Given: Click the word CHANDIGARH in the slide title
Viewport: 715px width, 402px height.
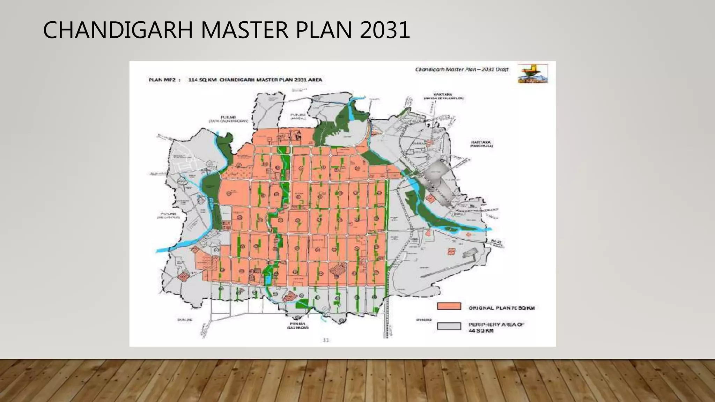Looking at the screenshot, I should pos(118,30).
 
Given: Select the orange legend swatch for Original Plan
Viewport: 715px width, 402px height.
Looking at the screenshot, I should pos(449,306).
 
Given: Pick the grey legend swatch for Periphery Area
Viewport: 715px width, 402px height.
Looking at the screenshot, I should pos(449,326).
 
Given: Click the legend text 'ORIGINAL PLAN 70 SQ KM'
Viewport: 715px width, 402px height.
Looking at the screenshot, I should pos(501,308).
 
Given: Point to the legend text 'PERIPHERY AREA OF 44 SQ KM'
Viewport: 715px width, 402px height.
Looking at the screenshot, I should pos(496,327).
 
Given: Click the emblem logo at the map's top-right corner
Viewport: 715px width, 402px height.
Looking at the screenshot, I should pos(533,73).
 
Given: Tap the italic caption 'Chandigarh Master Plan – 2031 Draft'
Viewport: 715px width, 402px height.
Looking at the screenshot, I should pos(462,69).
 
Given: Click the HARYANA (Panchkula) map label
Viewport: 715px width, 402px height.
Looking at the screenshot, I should pos(481,144).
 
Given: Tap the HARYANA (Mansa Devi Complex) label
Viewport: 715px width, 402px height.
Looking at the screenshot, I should pos(443,96).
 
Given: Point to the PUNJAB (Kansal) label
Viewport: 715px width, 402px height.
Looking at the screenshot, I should pos(298,116).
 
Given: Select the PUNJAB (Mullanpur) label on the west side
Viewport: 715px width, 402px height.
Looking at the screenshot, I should pos(168,215).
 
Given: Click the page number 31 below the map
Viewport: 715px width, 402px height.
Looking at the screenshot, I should pos(325,340).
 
